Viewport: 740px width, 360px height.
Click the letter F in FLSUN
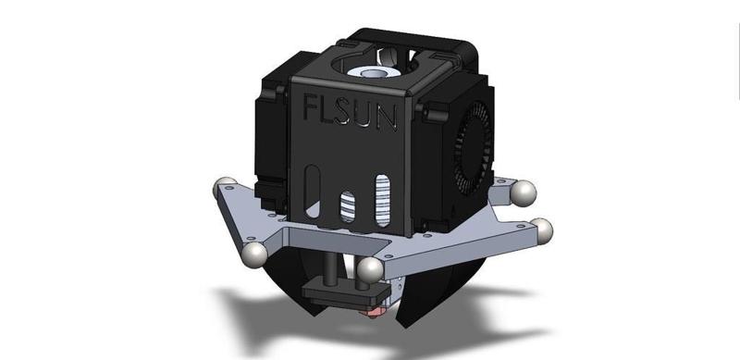[311, 106]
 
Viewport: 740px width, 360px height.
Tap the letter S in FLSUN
[343, 111]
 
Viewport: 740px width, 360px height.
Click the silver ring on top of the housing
[373, 73]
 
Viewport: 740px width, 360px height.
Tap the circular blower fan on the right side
[473, 148]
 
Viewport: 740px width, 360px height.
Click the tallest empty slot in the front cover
[312, 192]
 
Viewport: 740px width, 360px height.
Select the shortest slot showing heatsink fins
[348, 207]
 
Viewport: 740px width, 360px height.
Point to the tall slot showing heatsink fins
[383, 200]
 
